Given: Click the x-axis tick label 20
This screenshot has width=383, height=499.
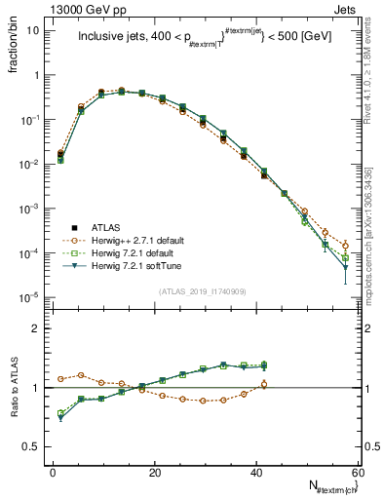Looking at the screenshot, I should pyautogui.click(x=154, y=472).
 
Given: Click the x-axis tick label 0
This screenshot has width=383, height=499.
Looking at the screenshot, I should pyautogui.click(x=53, y=472).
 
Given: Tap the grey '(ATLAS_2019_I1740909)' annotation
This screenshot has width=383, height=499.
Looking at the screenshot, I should pyautogui.click(x=205, y=291).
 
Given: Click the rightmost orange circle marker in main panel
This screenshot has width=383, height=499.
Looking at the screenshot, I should pyautogui.click(x=345, y=246).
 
